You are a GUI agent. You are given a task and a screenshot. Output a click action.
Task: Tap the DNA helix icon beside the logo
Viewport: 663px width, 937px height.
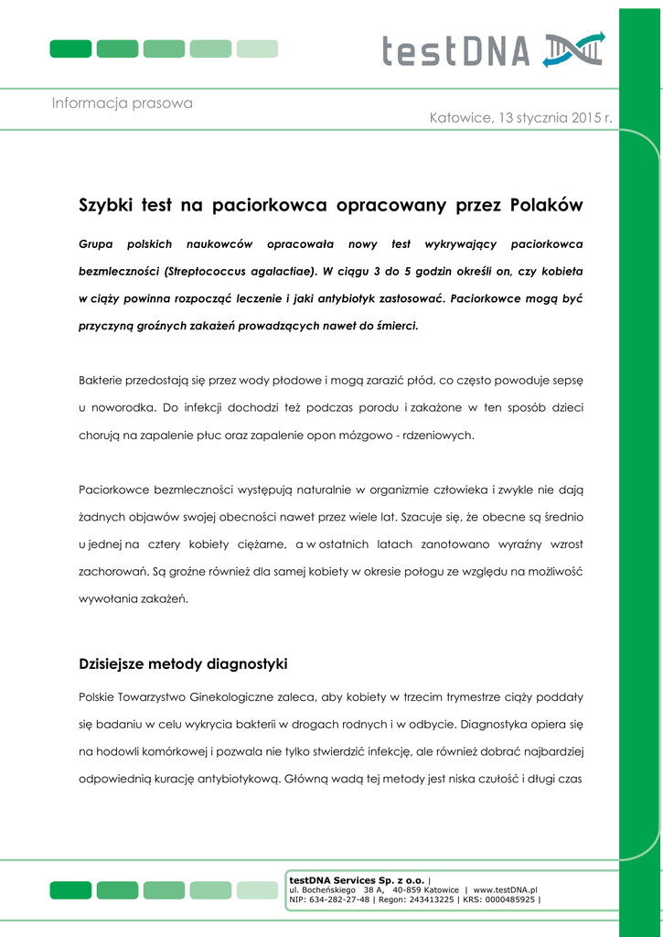click(573, 49)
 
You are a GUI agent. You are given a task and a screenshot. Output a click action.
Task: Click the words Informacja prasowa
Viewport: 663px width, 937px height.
click(122, 103)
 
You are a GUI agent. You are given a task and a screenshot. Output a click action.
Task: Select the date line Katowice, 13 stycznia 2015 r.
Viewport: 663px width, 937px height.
click(520, 119)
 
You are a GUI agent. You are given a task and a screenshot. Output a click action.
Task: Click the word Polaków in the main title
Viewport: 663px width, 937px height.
click(546, 205)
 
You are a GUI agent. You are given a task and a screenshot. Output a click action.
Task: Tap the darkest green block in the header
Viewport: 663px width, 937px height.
click(70, 48)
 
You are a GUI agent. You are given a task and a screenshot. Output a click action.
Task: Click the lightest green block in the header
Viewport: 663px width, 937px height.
click(257, 48)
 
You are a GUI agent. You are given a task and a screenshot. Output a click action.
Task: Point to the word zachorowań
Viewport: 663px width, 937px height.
click(114, 571)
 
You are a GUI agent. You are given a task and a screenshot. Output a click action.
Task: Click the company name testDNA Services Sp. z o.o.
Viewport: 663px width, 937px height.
click(357, 879)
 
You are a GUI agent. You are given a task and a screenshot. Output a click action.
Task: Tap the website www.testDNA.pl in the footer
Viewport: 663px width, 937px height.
click(505, 889)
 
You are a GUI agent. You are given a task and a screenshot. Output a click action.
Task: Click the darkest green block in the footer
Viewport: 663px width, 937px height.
click(70, 889)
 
